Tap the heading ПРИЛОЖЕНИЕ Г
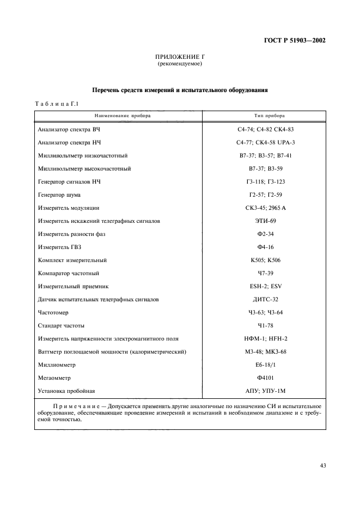180,57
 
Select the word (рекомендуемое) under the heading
180,64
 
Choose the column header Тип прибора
265,116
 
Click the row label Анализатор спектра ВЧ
69,130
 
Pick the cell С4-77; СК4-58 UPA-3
265,143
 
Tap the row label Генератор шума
59,195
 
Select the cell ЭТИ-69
265,221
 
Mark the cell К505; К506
265,260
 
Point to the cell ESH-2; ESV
265,287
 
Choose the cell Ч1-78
265,326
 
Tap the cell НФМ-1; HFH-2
265,339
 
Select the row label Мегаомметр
55,378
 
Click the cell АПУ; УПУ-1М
265,391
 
